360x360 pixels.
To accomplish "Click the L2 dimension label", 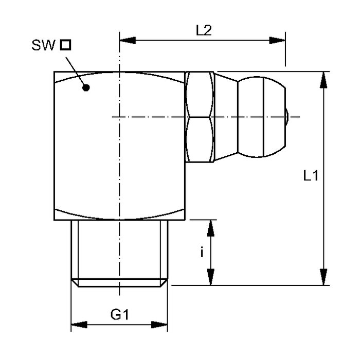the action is (204, 30).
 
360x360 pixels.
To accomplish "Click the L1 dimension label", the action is (311, 176).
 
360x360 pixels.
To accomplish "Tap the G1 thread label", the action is (120, 314).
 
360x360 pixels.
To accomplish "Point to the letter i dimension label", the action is (202, 252).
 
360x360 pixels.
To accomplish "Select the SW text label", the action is (43, 45).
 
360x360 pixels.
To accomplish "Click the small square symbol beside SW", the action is (65, 45).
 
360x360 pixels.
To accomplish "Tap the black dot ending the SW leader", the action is (86, 87).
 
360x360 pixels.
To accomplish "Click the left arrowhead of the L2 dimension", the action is (128, 40).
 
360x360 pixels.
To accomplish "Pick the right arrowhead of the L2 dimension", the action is (277, 40).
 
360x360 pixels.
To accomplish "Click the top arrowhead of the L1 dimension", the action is (323, 80).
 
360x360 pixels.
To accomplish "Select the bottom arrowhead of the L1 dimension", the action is (323, 277).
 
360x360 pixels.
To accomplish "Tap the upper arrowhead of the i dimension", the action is (210, 228).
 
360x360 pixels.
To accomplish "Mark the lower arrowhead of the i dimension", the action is (210, 277).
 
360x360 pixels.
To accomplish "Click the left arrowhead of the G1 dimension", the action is (79, 325).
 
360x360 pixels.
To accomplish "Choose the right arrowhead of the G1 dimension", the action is (159, 325).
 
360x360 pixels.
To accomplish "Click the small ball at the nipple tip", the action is (287, 117).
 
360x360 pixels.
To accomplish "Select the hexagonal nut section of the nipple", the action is (200, 117).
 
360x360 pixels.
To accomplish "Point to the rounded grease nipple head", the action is (261, 117).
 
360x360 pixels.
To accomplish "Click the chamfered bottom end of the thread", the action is (119, 283).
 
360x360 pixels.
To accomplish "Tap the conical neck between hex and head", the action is (226, 117).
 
